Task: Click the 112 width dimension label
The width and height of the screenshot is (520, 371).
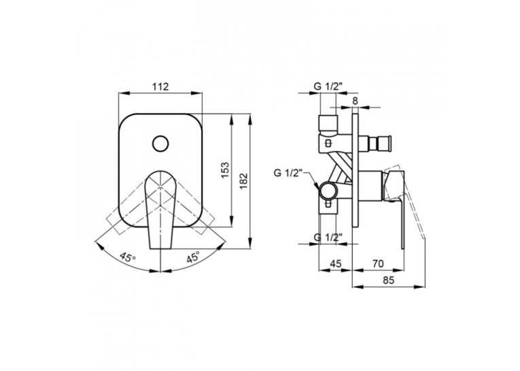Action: pyautogui.click(x=160, y=86)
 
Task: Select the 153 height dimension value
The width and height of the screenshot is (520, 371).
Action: pyautogui.click(x=225, y=170)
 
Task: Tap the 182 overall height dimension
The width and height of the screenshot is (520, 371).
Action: pyautogui.click(x=244, y=181)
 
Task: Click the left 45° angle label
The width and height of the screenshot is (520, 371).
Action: pyautogui.click(x=128, y=257)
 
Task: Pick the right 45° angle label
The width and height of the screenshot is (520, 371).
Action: pyautogui.click(x=193, y=257)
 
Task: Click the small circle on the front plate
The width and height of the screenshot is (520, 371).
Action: pyautogui.click(x=161, y=144)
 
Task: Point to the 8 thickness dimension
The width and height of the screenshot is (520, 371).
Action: pyautogui.click(x=356, y=101)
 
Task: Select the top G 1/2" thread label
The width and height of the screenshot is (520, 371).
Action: pyautogui.click(x=328, y=86)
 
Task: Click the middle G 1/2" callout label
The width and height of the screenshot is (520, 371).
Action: pyautogui.click(x=288, y=173)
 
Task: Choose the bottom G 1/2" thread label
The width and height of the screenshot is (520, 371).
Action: pyautogui.click(x=328, y=237)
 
